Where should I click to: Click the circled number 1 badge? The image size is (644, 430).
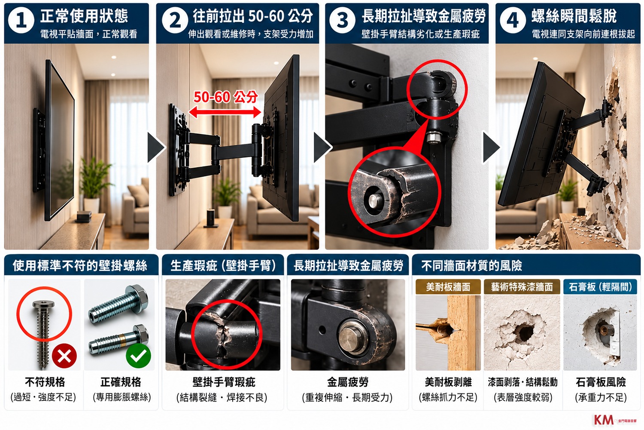click(x=21, y=21)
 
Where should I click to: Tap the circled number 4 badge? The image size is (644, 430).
click(x=513, y=21)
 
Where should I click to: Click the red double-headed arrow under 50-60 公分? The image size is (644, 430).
click(x=225, y=112)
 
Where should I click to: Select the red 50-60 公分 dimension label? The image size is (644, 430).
click(x=225, y=97)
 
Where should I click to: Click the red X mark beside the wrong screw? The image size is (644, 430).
click(x=64, y=356)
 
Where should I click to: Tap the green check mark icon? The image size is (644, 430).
click(x=138, y=356)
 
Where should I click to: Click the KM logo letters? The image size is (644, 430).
click(x=604, y=420)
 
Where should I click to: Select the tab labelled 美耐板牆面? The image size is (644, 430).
click(x=448, y=286)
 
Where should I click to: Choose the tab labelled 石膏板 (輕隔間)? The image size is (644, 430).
click(x=600, y=286)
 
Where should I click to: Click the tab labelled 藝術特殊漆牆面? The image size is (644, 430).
click(x=522, y=286)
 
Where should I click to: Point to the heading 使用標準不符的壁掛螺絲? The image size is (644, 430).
click(x=80, y=266)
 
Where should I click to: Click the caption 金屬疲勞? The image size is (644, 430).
click(x=348, y=382)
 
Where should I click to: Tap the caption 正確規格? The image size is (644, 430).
click(x=121, y=382)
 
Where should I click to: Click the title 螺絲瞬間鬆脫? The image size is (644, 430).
click(x=574, y=16)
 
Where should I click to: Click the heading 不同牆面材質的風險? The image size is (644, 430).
click(x=471, y=266)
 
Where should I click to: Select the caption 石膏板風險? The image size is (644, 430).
click(x=601, y=382)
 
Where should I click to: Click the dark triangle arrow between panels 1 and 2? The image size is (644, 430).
click(x=156, y=147)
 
